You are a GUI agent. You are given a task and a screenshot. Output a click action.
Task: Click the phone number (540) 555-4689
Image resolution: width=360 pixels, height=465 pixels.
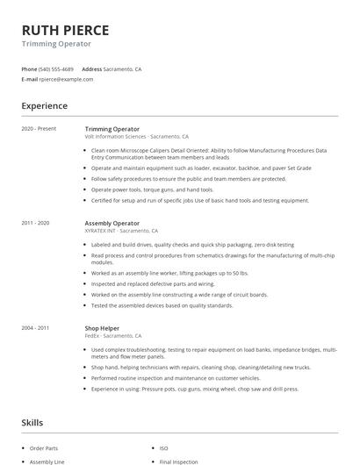[x=57, y=68]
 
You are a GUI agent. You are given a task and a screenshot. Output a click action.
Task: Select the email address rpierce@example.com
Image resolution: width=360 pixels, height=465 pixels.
[x=66, y=79]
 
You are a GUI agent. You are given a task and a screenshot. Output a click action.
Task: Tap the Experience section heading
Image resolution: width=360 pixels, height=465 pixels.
[x=45, y=106]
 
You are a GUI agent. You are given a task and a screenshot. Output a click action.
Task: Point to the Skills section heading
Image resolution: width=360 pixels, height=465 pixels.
[x=32, y=423]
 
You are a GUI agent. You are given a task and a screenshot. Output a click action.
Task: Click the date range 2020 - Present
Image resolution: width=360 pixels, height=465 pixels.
[x=39, y=128]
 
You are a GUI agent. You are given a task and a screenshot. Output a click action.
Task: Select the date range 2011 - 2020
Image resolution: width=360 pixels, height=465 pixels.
[x=36, y=223]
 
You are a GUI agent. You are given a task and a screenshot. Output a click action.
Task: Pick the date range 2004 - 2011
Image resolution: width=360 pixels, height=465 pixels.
[x=36, y=327]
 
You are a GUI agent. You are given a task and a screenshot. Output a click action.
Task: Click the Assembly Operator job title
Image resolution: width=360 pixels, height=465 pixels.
[x=112, y=223]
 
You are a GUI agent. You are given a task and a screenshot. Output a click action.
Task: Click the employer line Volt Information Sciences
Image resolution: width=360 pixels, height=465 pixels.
[x=136, y=137]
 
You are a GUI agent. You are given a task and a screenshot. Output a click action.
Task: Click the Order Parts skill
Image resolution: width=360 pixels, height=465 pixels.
[x=43, y=447]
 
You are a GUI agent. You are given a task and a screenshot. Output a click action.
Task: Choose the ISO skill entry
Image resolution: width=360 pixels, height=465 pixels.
[x=165, y=447]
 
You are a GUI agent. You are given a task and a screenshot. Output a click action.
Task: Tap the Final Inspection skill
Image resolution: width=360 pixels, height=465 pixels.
[x=179, y=461]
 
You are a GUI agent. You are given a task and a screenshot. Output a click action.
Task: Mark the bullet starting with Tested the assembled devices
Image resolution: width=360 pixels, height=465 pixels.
[x=162, y=305]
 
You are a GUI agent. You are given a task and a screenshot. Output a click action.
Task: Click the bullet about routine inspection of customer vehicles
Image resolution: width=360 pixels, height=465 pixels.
[x=175, y=377]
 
